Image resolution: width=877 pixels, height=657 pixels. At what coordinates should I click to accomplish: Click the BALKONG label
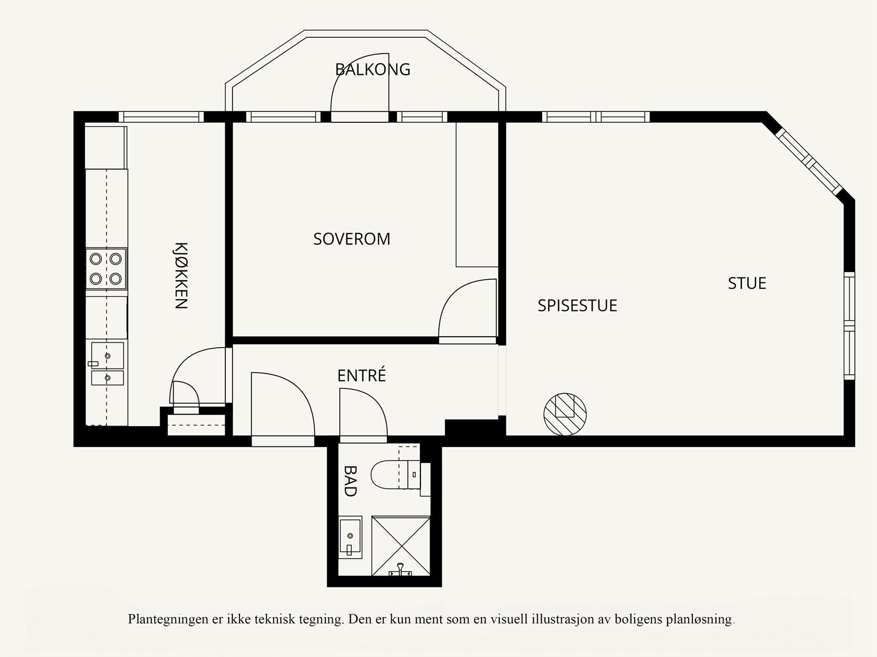coord(372,70)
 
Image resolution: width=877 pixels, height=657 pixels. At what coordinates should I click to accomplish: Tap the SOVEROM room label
coord(351,239)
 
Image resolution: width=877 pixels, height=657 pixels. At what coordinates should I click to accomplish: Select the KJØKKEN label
coord(181,275)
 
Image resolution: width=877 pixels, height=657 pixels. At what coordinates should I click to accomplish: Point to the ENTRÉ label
coord(362,375)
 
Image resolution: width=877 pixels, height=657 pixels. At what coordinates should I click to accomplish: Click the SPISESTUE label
coord(577,305)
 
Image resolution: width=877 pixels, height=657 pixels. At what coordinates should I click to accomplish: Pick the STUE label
coord(747,284)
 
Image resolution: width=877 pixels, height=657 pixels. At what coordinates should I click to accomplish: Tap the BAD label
coord(350,481)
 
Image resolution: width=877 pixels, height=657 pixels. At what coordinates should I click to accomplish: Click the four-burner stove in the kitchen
coord(106,269)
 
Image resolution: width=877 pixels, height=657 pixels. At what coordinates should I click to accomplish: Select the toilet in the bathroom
coord(396,475)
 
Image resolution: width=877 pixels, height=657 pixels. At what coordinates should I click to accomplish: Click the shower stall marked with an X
coord(401,546)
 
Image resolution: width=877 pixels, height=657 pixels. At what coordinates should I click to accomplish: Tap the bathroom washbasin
coord(350,537)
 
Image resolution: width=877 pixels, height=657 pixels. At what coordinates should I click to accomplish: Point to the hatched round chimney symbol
coord(565,414)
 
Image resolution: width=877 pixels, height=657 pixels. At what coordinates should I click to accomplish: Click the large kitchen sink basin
coord(107,355)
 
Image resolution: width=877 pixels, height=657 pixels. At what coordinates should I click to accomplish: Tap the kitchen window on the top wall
coord(161,117)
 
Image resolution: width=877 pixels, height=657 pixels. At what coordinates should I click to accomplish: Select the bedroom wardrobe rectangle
coord(477,195)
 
